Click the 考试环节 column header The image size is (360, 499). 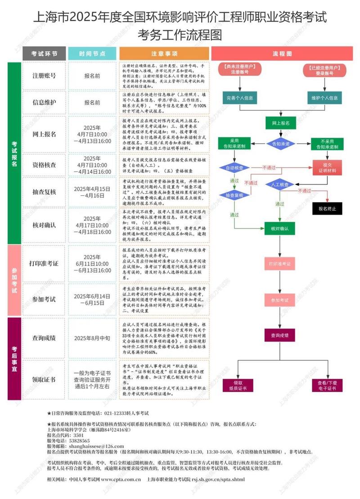pyautogui.click(x=44, y=53)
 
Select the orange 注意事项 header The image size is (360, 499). pyautogui.click(x=164, y=53)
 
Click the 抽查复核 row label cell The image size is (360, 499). pyautogui.click(x=44, y=192)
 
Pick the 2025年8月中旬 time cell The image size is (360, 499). pyautogui.click(x=92, y=337)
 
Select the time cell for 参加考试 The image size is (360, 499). pyautogui.click(x=92, y=299)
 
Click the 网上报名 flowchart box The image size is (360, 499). pyautogui.click(x=280, y=122)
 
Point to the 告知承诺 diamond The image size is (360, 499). pyautogui.click(x=280, y=144)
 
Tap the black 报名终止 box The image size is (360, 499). pyautogui.click(x=327, y=208)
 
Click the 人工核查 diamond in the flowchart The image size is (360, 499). pyautogui.click(x=280, y=184)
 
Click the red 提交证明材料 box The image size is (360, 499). pyautogui.click(x=327, y=167)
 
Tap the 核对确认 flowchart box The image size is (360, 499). pyautogui.click(x=280, y=229)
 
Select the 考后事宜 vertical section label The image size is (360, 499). pyautogui.click(x=14, y=358)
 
